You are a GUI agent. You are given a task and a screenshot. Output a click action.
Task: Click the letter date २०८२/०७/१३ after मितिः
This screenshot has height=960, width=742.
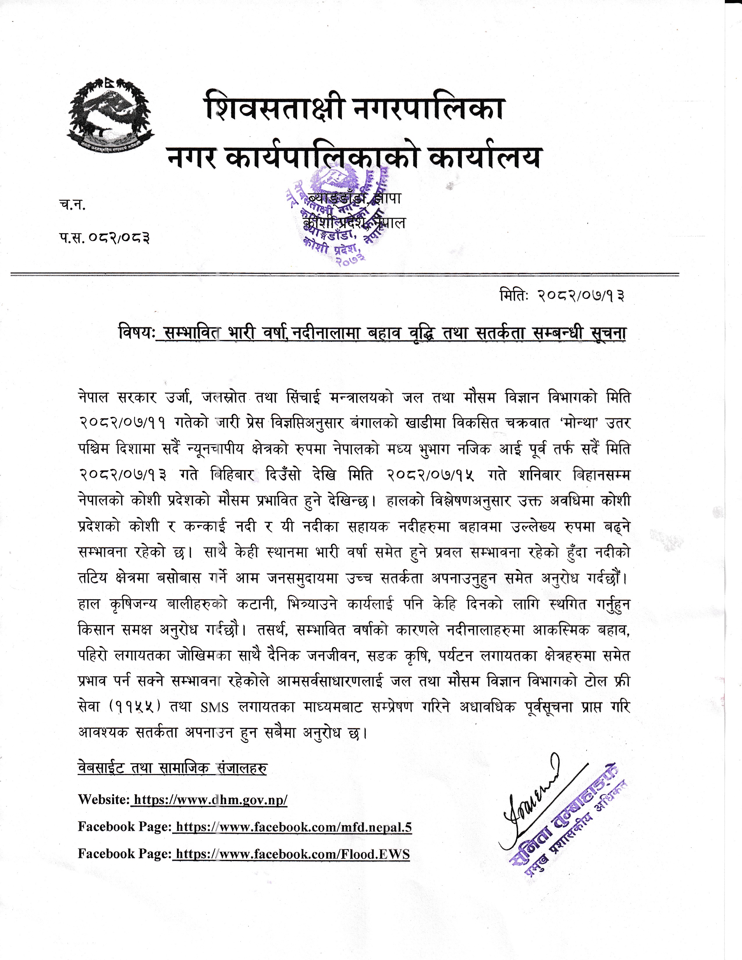tap(580, 296)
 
